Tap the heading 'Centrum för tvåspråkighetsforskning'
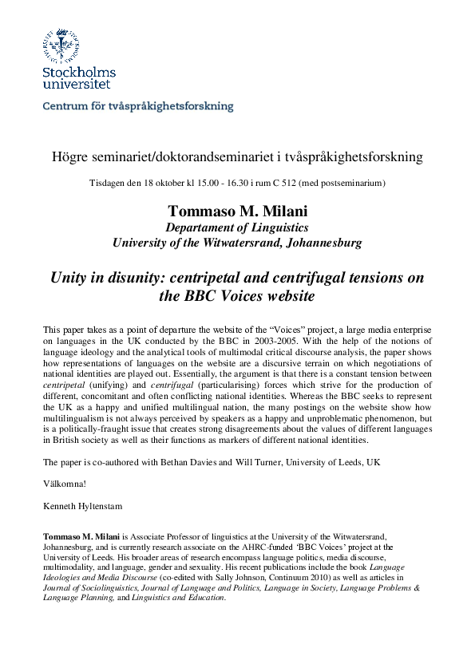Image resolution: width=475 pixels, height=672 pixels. click(x=137, y=105)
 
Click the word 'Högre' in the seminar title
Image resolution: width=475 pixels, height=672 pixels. click(x=69, y=157)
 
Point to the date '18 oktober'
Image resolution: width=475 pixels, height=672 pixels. click(x=166, y=184)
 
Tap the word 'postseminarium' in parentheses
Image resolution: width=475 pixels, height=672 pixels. click(x=352, y=184)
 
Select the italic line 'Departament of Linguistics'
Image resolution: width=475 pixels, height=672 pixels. click(x=237, y=227)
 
